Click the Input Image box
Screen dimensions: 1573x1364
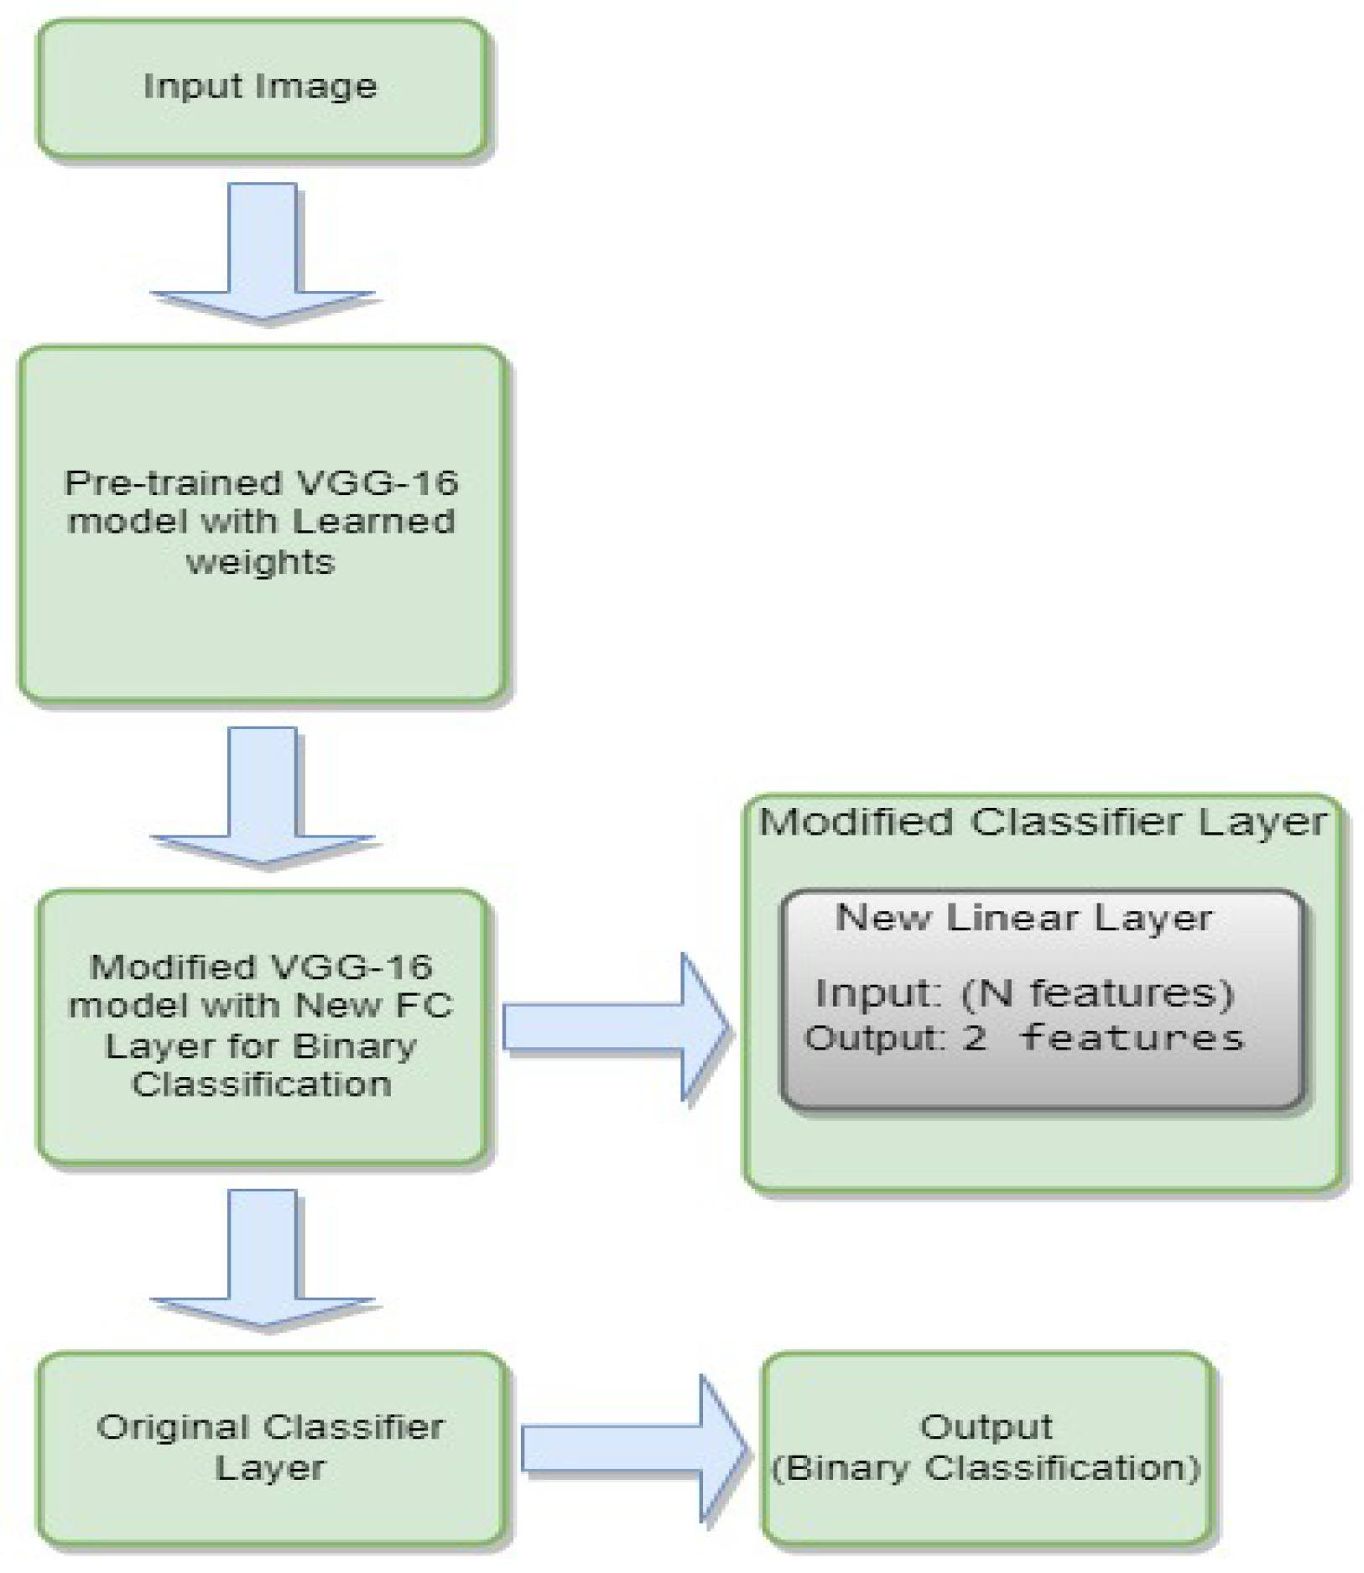point(261,88)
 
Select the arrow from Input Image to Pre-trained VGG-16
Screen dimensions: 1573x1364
point(263,252)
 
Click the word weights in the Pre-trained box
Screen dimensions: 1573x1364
point(260,561)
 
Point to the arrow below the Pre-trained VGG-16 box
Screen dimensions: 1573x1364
point(263,794)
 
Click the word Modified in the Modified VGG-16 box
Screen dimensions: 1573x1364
point(172,967)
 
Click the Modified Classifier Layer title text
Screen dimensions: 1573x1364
point(1043,822)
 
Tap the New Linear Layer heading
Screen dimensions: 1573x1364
point(1023,918)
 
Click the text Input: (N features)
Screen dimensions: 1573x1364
point(1023,994)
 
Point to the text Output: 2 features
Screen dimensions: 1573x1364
point(1023,1039)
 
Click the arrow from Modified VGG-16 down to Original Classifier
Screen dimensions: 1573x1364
point(263,1256)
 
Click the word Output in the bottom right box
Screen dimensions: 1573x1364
point(986,1426)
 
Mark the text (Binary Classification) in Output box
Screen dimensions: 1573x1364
point(986,1468)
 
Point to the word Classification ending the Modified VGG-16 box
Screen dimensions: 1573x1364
point(261,1085)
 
